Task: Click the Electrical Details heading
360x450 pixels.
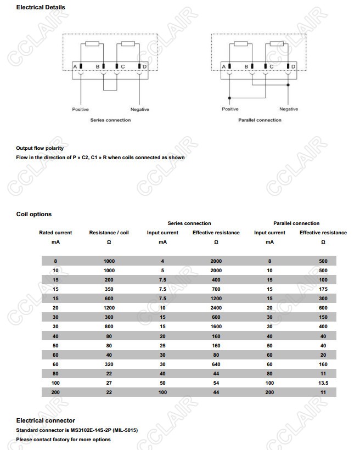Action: [41, 7]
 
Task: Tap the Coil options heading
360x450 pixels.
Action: [34, 214]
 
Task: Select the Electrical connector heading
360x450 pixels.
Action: [46, 420]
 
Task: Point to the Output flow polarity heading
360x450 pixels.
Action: [40, 148]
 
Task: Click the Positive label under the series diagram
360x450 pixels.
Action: [80, 109]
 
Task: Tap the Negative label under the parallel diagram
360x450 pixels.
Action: [288, 109]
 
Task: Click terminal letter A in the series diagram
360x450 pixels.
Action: [75, 67]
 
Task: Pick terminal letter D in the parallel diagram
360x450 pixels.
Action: [293, 66]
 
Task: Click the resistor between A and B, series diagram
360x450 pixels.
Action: [92, 44]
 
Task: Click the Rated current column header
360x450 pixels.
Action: [55, 233]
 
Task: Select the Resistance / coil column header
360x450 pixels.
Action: [109, 233]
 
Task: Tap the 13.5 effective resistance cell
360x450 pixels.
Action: [323, 383]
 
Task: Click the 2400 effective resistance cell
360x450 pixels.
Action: [216, 308]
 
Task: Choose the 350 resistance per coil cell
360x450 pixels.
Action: [109, 289]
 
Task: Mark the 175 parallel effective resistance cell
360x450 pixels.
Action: [323, 289]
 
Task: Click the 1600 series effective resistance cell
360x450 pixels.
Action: [216, 327]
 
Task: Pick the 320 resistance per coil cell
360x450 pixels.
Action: [109, 364]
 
